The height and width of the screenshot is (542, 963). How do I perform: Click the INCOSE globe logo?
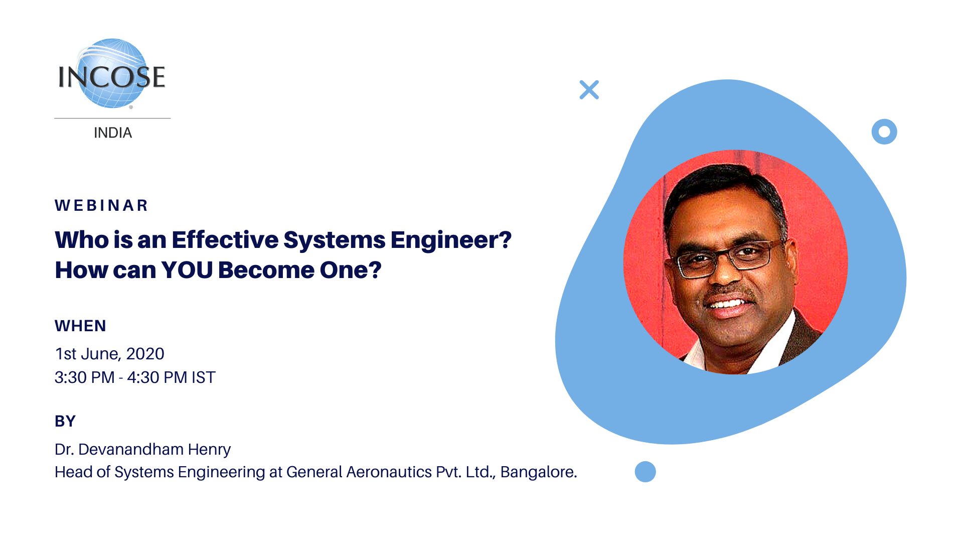pos(112,74)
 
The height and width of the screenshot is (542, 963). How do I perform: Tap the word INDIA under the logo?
pos(113,133)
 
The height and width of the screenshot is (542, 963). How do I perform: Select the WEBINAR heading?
pos(101,205)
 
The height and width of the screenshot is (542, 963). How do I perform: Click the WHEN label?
pos(80,326)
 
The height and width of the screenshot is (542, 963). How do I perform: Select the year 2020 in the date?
pos(145,354)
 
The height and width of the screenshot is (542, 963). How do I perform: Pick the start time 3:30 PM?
pos(84,377)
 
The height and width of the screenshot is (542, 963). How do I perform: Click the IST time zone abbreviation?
pos(203,377)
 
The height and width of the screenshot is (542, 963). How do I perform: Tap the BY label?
pos(65,421)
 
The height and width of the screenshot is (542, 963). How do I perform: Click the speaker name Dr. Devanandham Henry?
pos(142,449)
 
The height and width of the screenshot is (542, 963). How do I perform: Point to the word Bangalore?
pos(539,472)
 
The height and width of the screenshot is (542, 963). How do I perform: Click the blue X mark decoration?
pos(589,90)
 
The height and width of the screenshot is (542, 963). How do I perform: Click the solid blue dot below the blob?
pos(645,472)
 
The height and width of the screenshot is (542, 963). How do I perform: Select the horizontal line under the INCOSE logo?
pos(112,118)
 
